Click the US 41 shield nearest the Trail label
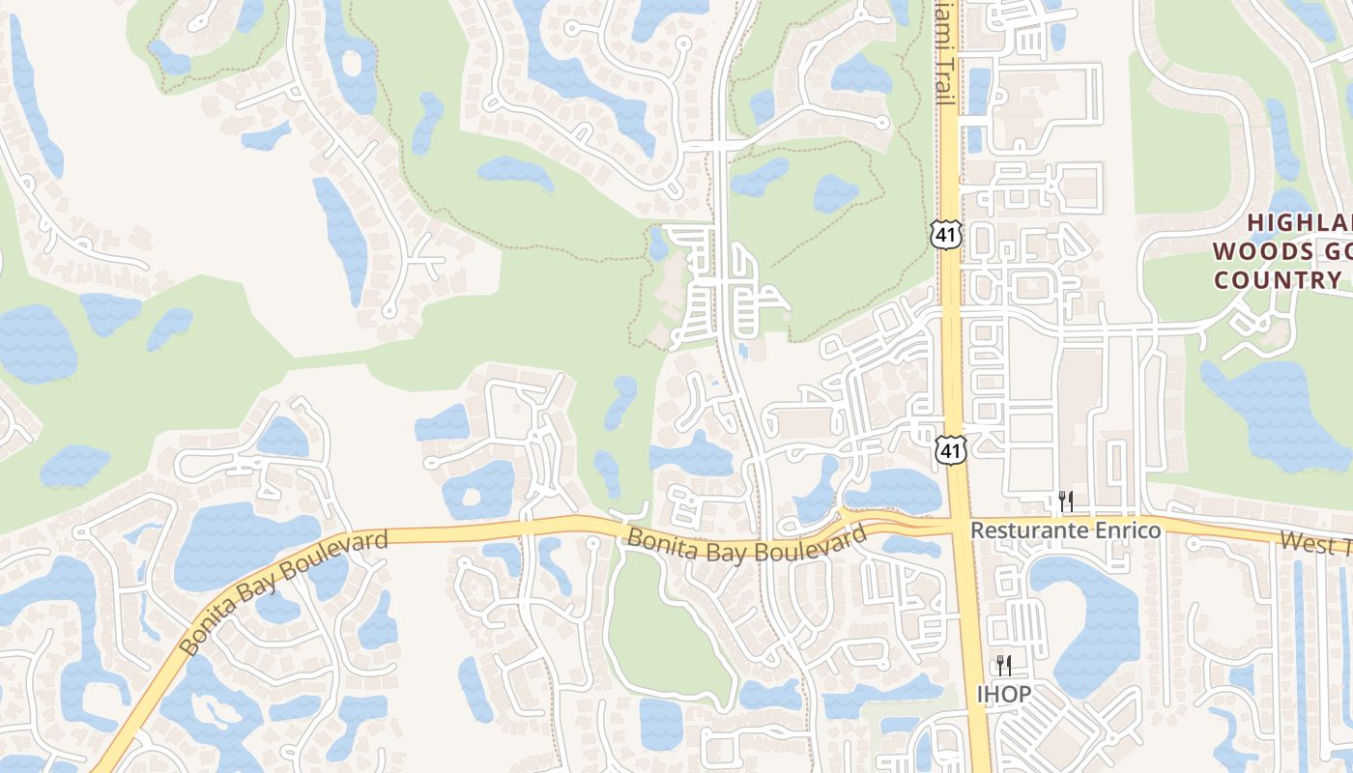[x=946, y=233]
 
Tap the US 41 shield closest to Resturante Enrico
[x=952, y=449]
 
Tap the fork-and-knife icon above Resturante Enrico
[x=1065, y=501]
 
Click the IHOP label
[x=1003, y=694]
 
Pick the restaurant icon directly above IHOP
[x=1003, y=665]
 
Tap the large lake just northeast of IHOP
[x=1092, y=618]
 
